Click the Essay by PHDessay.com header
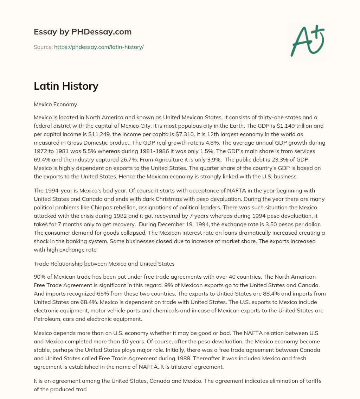[x=83, y=32]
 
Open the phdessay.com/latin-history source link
[x=99, y=47]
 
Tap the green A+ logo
[x=307, y=41]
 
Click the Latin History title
[x=66, y=86]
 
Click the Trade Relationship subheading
[x=104, y=264]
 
